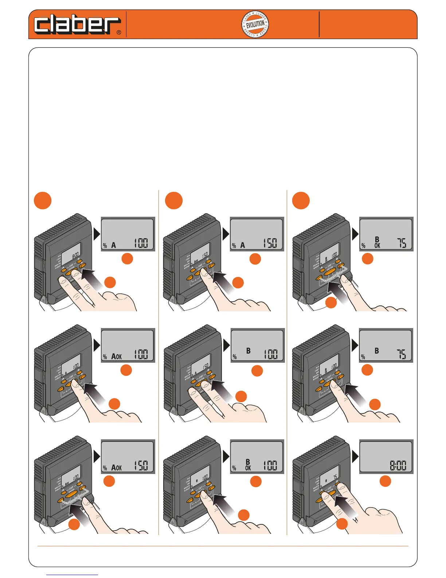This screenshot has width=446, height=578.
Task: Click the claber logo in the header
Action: tap(77, 25)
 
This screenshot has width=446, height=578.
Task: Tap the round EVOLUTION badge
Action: tap(255, 24)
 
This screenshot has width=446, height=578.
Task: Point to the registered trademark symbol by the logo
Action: tap(119, 32)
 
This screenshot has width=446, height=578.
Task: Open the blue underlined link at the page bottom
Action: tap(72, 575)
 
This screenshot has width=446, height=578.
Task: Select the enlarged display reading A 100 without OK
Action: tap(128, 234)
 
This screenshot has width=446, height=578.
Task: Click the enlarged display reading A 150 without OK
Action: tap(257, 234)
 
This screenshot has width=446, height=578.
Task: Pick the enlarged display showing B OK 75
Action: tap(386, 234)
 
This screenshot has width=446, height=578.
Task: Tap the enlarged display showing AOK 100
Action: tap(128, 345)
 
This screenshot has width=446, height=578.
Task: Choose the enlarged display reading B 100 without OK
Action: tap(257, 345)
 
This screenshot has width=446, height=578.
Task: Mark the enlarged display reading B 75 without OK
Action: tap(386, 345)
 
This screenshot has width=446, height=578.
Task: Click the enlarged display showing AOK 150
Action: tap(128, 456)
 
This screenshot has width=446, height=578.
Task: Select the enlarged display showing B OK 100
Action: tap(257, 456)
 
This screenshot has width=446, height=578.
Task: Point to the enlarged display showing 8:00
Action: tap(386, 456)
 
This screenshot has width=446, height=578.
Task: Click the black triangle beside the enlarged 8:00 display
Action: tap(355, 456)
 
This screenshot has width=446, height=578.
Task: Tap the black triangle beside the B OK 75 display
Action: tap(355, 234)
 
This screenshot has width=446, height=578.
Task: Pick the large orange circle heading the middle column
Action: tap(174, 200)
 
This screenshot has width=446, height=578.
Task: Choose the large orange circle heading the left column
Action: tap(43, 200)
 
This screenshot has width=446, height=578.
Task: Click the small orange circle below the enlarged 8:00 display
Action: tap(385, 481)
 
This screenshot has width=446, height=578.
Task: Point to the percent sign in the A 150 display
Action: tap(234, 246)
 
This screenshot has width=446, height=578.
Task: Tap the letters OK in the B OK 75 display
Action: tap(377, 246)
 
